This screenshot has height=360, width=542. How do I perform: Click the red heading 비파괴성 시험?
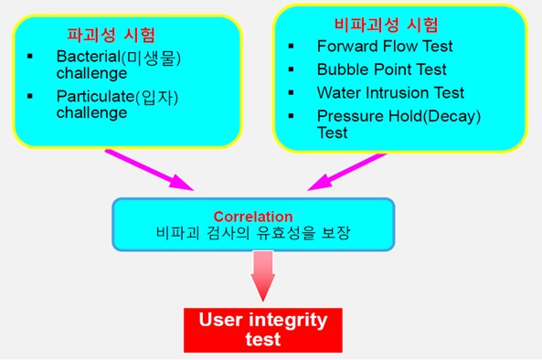387,24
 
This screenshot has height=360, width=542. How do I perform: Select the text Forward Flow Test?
384,47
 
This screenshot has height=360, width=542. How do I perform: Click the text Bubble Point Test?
381,69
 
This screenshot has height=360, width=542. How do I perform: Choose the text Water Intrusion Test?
390,93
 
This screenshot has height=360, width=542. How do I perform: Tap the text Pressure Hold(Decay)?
399,116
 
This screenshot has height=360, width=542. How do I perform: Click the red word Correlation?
253,217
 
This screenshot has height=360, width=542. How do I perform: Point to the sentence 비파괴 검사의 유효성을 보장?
253,233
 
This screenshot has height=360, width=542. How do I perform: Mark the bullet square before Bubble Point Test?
290,69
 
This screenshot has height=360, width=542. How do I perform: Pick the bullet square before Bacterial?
30,58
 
